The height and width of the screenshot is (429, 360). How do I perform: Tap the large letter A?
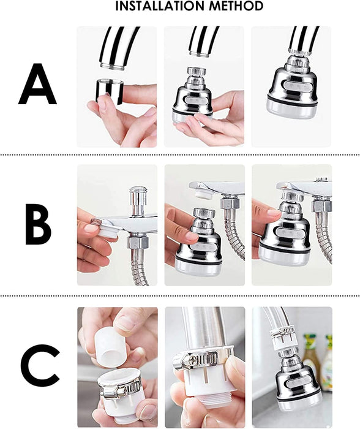click(x=37, y=84)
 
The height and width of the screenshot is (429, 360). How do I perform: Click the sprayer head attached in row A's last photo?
click(x=292, y=84)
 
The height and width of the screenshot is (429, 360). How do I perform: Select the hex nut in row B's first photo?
click(x=137, y=243)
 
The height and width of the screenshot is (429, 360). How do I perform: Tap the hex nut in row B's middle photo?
click(x=230, y=202)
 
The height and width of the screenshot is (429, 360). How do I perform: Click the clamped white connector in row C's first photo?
click(x=119, y=392)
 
